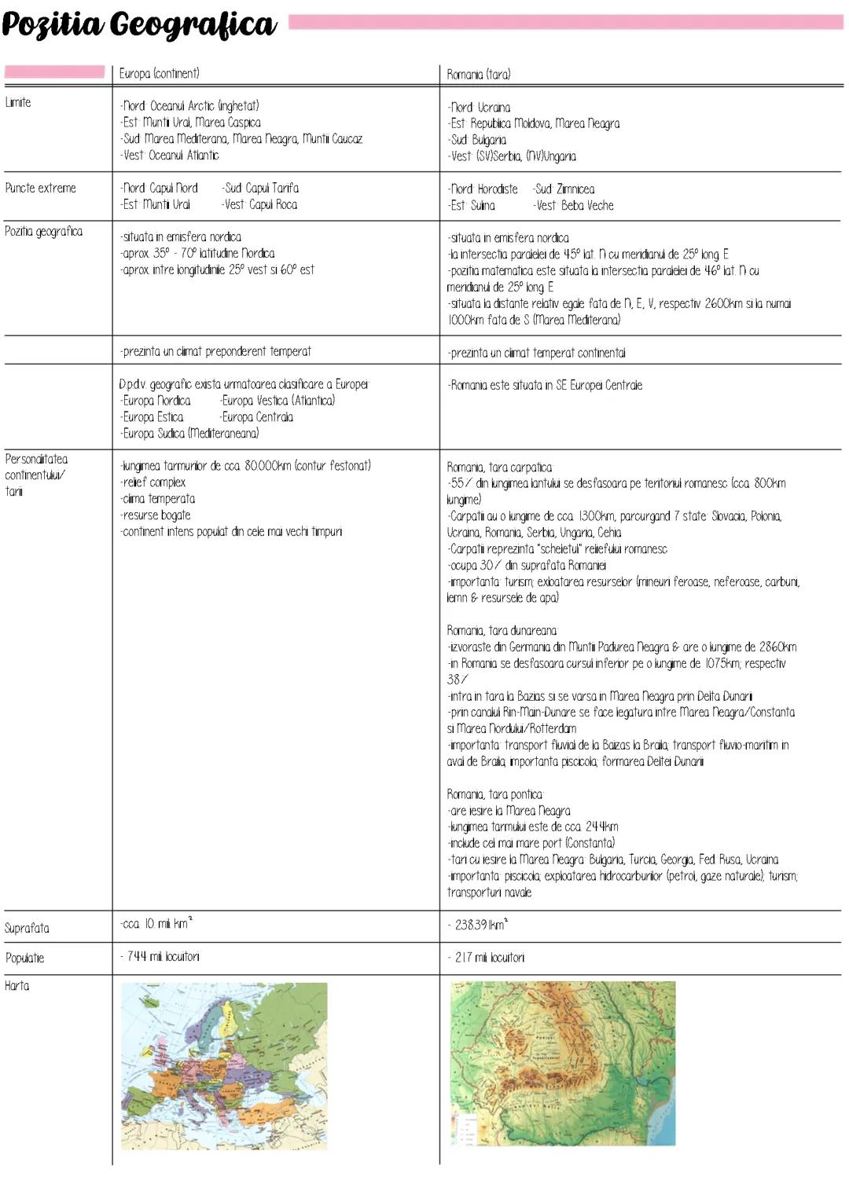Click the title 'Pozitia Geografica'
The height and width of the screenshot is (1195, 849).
point(139,25)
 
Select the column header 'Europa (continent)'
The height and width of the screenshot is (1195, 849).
point(159,73)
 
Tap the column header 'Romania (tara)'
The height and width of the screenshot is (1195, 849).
point(478,75)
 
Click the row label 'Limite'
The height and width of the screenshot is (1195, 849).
point(18,102)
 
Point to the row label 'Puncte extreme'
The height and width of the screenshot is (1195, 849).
point(40,188)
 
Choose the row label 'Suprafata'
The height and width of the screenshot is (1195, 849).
point(27,928)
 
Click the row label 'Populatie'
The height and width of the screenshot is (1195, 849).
point(24,958)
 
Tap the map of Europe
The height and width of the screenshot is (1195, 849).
point(224,1065)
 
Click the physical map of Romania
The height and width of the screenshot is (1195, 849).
point(563,1063)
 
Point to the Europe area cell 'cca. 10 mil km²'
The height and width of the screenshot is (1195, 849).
point(156,924)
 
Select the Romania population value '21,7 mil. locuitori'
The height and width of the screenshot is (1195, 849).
point(490,957)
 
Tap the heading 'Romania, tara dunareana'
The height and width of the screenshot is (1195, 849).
point(502,630)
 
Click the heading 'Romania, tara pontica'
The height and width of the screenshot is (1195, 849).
point(494,794)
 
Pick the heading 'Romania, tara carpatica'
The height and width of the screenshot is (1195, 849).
point(499,467)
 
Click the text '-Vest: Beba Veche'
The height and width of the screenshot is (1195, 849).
point(573,205)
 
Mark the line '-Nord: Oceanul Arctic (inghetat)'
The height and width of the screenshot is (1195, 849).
point(189,106)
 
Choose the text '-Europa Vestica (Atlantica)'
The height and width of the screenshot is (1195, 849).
point(277,401)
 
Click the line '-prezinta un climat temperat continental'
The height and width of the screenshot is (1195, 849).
point(537,353)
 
